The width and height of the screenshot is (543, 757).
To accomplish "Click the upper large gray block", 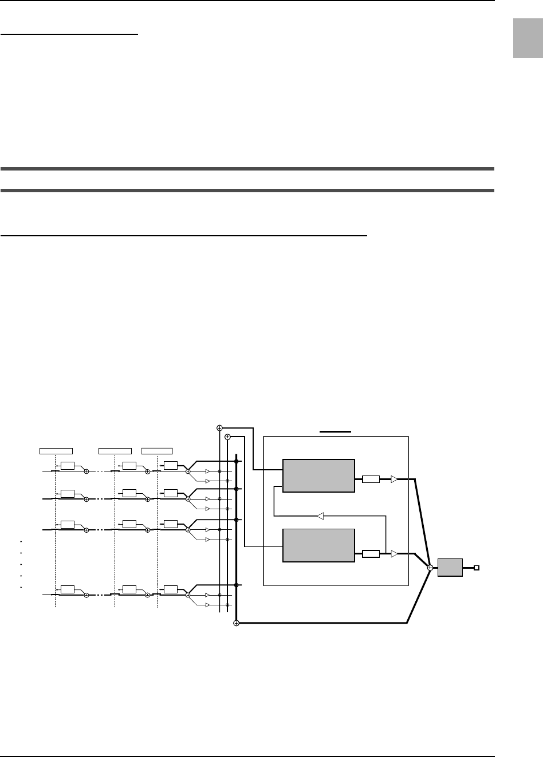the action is tap(319, 475).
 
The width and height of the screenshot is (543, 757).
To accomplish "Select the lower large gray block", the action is tap(319, 545).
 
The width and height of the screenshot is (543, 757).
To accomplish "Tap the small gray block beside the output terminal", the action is tap(450, 567).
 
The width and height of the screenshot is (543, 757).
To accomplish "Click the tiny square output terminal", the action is tap(476, 568).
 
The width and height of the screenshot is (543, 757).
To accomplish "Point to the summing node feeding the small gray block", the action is tap(430, 568).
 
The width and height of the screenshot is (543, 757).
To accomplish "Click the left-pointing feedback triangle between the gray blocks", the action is tap(321, 516).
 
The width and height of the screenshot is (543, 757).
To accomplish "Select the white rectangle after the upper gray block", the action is tap(371, 479).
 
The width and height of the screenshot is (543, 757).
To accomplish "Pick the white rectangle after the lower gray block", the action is tap(371, 553).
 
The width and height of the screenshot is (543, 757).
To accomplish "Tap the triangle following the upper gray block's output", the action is tap(394, 479).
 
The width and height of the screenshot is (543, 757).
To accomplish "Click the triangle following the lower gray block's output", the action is tap(394, 553).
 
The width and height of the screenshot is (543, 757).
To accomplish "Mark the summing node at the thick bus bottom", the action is tap(236, 623).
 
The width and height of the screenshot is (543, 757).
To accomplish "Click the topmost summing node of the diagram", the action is tap(219, 427).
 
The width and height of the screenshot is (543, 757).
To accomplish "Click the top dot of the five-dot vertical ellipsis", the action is tap(21, 541).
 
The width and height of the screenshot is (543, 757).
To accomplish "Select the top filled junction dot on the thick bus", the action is tap(236, 461).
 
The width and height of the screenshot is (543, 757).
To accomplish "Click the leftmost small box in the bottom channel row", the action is tap(68, 589).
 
